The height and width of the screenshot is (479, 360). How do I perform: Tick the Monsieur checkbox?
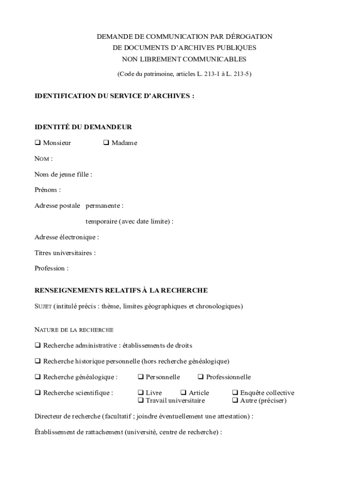pos(38,143)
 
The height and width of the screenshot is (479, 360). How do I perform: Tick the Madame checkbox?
pos(106,143)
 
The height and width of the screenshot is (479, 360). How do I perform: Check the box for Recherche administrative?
pos(38,346)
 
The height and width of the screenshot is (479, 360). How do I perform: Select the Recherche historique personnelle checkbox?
pos(38,361)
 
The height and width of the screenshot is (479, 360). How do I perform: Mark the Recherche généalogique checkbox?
pos(38,377)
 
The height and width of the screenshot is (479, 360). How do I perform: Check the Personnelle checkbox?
pos(141,377)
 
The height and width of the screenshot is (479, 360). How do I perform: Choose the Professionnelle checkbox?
pos(201,377)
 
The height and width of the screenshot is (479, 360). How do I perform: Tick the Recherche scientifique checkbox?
pos(38,393)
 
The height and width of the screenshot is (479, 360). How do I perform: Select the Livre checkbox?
pos(141,393)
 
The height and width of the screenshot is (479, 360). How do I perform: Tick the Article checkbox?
pos(184,393)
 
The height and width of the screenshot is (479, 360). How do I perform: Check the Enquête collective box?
pos(235,393)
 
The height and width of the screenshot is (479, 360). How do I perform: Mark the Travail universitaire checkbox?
pos(141,401)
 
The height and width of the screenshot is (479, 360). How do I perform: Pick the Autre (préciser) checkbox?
pos(235,401)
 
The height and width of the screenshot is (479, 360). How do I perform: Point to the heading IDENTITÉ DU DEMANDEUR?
pos(83,127)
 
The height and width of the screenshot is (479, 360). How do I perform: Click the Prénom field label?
pos(47,190)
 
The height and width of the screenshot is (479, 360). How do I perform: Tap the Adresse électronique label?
pos(66,237)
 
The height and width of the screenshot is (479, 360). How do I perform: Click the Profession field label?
pos(51,269)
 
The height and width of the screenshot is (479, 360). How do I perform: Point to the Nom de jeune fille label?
pos(63,174)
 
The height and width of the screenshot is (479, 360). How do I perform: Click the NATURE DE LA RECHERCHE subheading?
pos(74,330)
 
